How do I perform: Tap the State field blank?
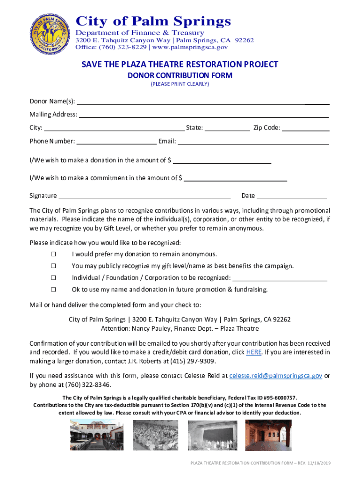[x=227, y=128]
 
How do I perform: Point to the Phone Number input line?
[x=116, y=141]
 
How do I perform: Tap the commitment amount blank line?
[x=236, y=178]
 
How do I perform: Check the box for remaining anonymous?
[x=53, y=254]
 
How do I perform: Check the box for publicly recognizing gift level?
[x=53, y=266]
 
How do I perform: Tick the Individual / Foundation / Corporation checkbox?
[x=53, y=278]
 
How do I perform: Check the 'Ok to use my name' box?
[x=53, y=290]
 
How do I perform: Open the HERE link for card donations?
[x=253, y=352]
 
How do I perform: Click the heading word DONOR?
[x=141, y=75]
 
